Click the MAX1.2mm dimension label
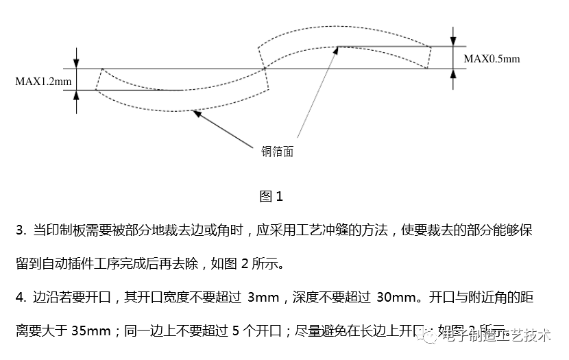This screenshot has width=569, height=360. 43,81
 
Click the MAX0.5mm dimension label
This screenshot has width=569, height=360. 492,59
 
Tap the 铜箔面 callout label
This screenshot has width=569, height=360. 278,152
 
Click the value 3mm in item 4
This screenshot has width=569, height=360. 263,298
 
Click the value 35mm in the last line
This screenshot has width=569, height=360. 90,331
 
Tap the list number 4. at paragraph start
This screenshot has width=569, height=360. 21,298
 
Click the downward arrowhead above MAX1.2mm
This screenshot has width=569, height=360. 77,63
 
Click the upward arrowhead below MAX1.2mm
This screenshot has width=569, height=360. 77,95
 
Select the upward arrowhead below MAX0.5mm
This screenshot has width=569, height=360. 452,73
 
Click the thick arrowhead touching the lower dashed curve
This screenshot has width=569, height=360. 197,114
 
